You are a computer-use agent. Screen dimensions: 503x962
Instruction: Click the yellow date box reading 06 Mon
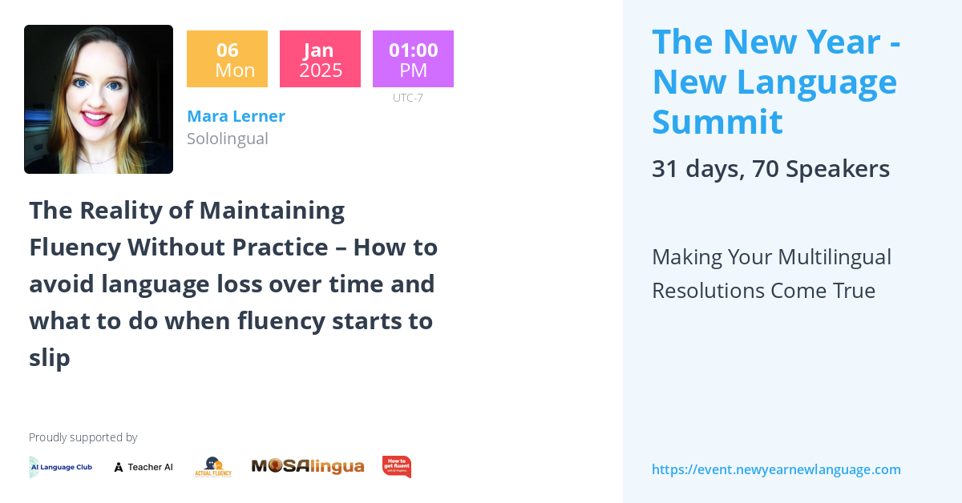[x=227, y=59]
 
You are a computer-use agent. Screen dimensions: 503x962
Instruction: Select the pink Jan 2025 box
[x=320, y=59]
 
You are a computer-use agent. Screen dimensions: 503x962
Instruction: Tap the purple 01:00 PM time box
[x=413, y=59]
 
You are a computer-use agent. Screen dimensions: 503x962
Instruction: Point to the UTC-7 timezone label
[x=407, y=98]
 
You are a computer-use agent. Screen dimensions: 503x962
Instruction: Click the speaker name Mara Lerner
[x=236, y=116]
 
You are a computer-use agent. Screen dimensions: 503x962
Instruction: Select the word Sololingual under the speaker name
[x=227, y=139]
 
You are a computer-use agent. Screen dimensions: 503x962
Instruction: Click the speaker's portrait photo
[x=99, y=99]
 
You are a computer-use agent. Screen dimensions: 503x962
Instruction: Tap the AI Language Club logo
[x=61, y=467]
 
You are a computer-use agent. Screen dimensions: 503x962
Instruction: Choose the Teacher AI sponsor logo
[x=143, y=467]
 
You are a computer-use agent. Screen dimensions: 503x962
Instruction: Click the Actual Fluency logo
[x=213, y=467]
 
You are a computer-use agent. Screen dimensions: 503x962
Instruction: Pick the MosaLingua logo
[x=308, y=466]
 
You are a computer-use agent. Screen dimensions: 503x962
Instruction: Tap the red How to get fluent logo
[x=396, y=466]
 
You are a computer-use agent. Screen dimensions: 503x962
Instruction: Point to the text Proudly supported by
[x=83, y=437]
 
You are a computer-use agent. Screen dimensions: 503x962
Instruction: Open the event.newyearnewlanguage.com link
[x=776, y=469]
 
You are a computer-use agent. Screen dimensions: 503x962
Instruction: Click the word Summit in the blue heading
[x=717, y=122]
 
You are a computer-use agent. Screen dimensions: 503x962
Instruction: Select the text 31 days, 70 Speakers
[x=770, y=169]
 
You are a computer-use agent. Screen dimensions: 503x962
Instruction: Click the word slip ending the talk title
[x=50, y=358]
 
